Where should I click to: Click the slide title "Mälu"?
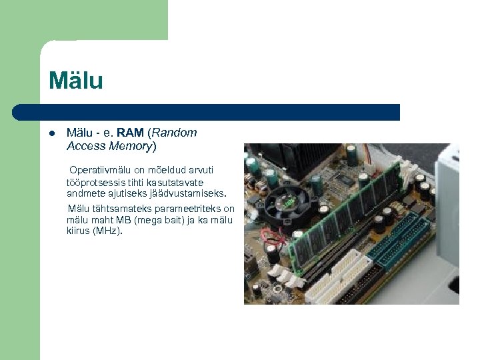tap(75, 81)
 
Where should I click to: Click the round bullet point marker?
tap(51, 133)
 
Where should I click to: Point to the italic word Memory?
tap(129, 145)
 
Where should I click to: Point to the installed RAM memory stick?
tap(347, 213)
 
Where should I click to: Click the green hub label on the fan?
tap(289, 199)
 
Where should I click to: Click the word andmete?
tap(84, 194)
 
